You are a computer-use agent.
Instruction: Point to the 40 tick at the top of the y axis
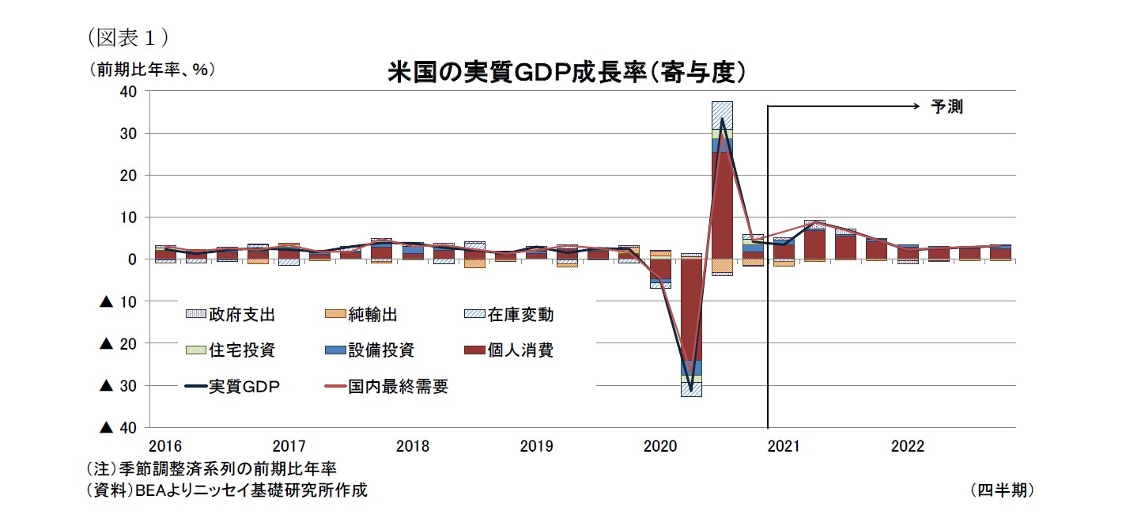pyautogui.click(x=129, y=92)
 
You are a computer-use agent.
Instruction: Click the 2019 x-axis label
pyautogui.click(x=536, y=447)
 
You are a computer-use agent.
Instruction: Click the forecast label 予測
pyautogui.click(x=947, y=107)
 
